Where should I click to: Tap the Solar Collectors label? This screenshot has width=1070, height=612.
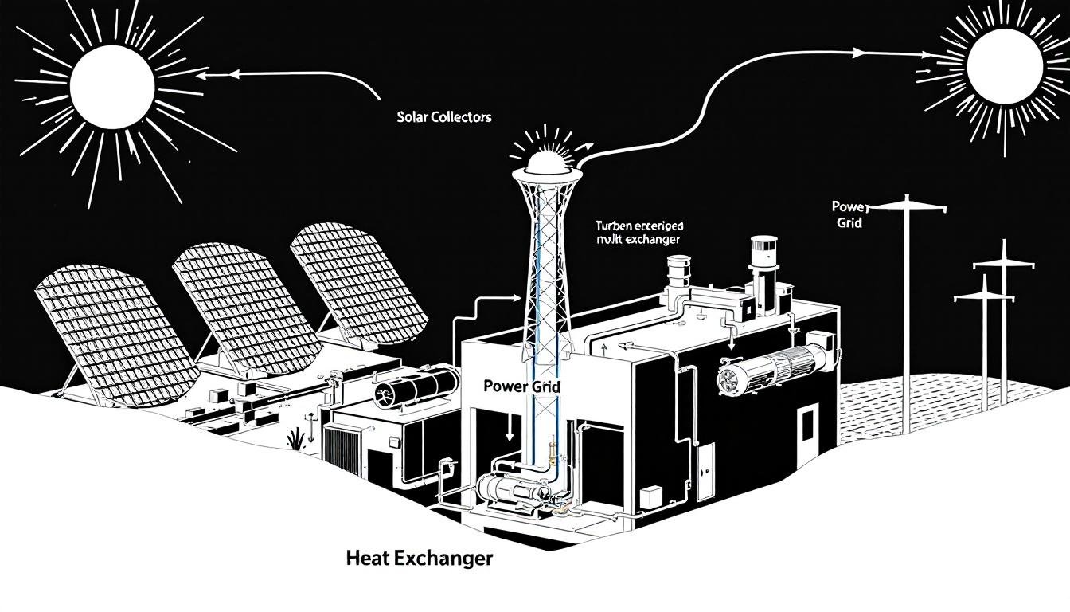click(x=443, y=116)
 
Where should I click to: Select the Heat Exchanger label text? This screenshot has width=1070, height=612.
click(x=420, y=559)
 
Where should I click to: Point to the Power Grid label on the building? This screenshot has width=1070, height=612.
click(x=522, y=386)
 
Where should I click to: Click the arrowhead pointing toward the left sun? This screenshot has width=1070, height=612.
click(x=201, y=76)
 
